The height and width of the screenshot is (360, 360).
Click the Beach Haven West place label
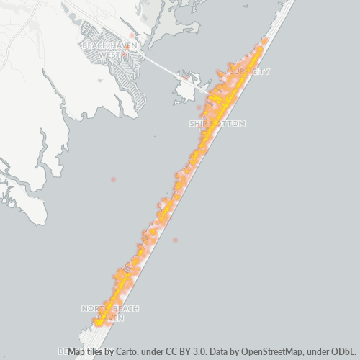click(109, 50)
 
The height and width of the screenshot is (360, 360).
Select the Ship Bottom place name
click(217, 124)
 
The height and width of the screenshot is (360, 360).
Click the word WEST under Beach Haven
click(109, 54)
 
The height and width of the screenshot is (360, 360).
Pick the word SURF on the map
click(236, 71)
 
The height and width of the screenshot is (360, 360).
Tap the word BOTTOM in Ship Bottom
click(229, 124)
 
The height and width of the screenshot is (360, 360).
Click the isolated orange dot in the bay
click(113, 179)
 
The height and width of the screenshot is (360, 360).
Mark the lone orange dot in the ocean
click(175, 240)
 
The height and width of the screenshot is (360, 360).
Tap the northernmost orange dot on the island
click(265, 41)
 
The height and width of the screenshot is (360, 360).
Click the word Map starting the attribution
click(78, 351)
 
